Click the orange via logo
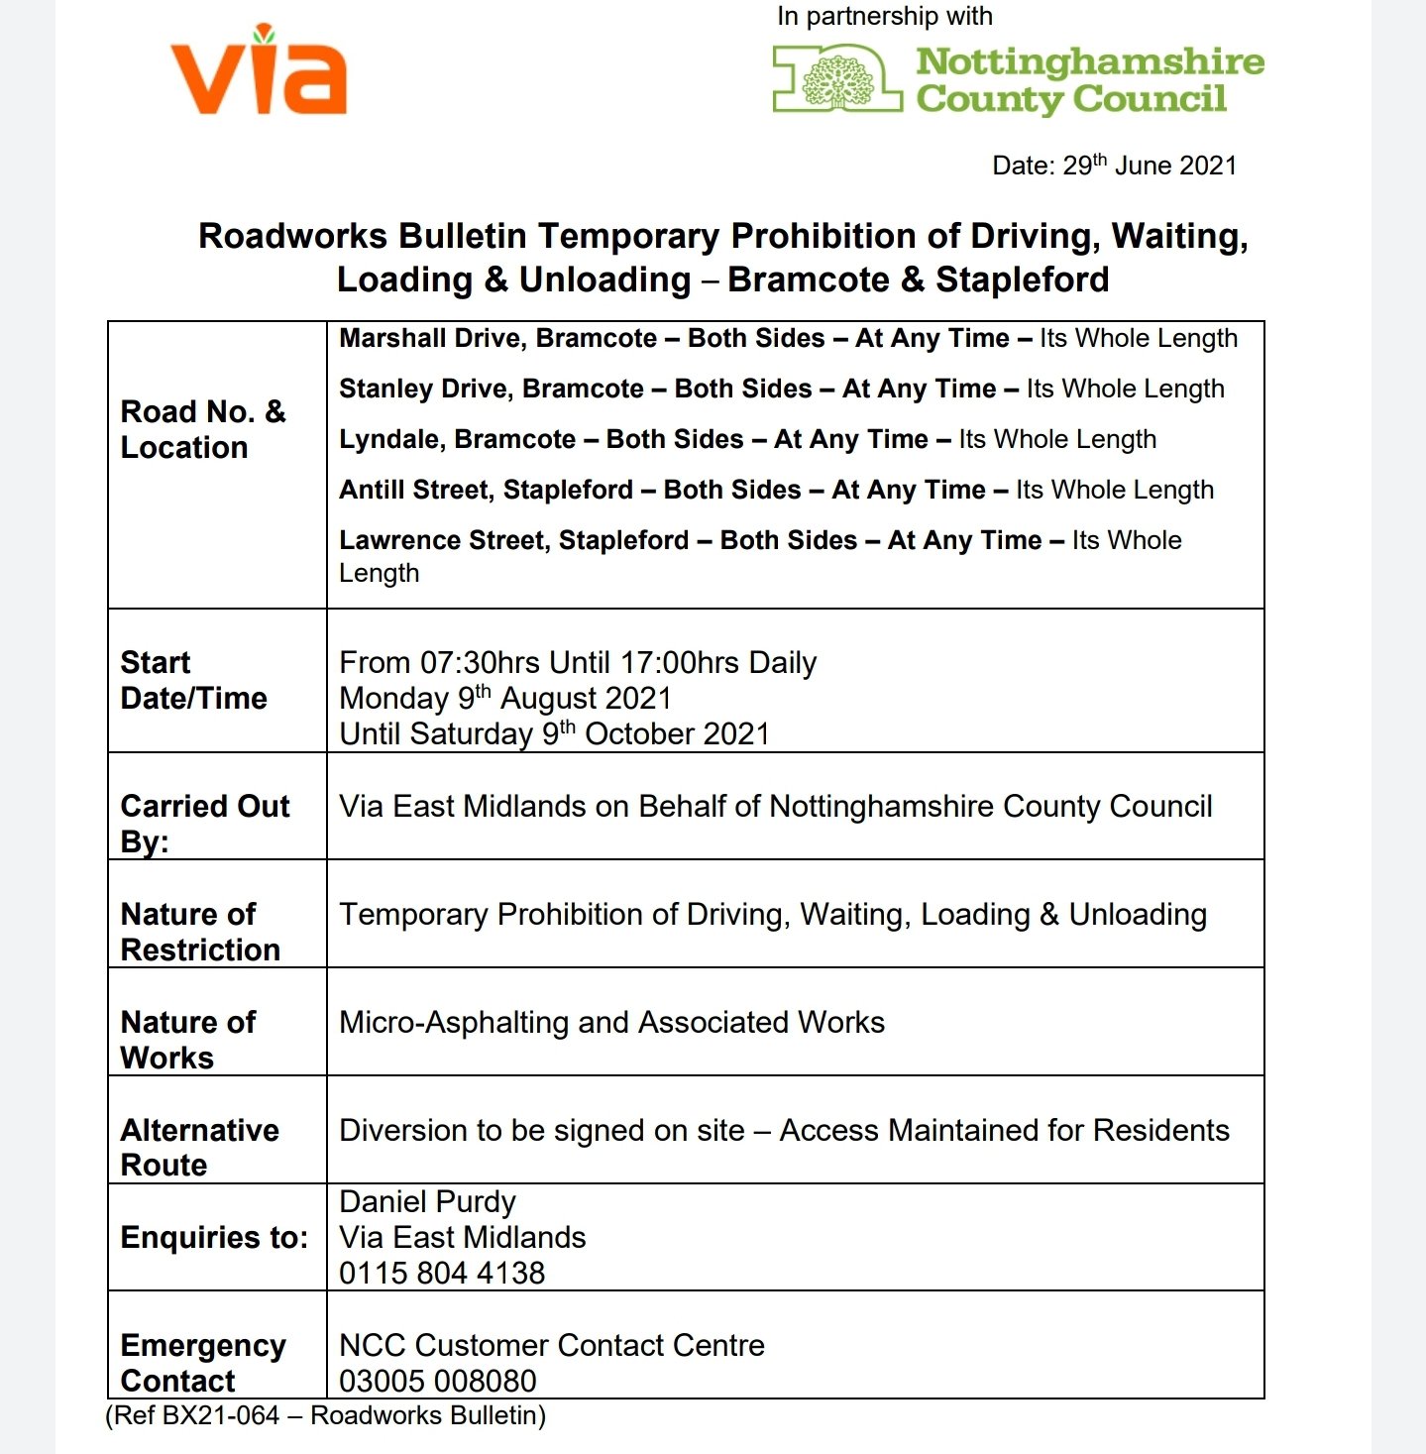[x=260, y=71]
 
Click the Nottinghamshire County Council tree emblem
[x=838, y=81]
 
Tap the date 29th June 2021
[x=1150, y=166]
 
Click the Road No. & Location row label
[x=202, y=429]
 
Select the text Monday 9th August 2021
[x=505, y=699]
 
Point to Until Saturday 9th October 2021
[x=554, y=734]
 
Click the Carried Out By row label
[x=204, y=823]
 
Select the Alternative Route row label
[x=199, y=1147]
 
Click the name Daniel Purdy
[x=427, y=1202]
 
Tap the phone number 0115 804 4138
[x=442, y=1274]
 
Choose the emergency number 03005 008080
[x=437, y=1381]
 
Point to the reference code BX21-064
[x=220, y=1415]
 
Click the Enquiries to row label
[x=214, y=1238]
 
